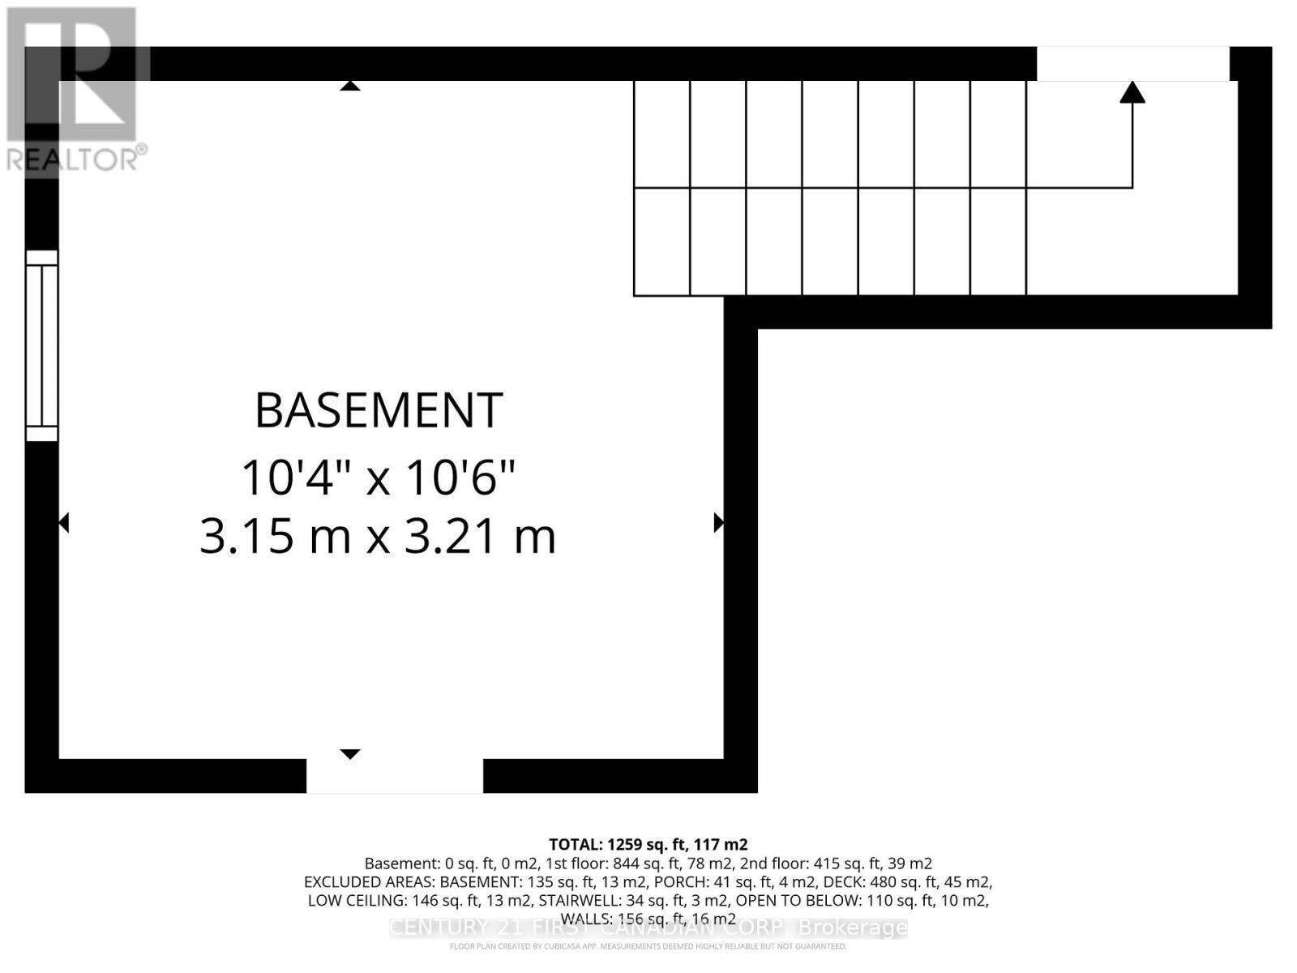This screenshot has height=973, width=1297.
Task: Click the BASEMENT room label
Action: coord(379,410)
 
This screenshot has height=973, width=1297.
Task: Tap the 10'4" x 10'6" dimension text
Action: coord(379,478)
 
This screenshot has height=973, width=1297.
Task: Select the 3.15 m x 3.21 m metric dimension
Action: coord(378,536)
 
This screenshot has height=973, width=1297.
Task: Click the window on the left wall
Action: coord(41,345)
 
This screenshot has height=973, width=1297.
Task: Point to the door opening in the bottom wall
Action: coord(395,776)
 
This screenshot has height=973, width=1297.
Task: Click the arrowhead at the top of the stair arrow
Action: coord(1132,92)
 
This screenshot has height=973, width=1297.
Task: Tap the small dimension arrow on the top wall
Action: coord(349,85)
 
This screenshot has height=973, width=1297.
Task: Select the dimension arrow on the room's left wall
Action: coord(64,523)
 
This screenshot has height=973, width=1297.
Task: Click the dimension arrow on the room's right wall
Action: coord(718,523)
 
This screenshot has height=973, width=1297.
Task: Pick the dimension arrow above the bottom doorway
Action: coord(349,754)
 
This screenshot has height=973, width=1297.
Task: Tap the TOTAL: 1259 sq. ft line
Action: coord(648,845)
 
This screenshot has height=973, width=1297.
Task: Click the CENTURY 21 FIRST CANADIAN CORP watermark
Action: coord(648,928)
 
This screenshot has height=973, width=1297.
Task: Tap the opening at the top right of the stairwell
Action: coord(1132,64)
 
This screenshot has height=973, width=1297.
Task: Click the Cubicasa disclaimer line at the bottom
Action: coord(648,946)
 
